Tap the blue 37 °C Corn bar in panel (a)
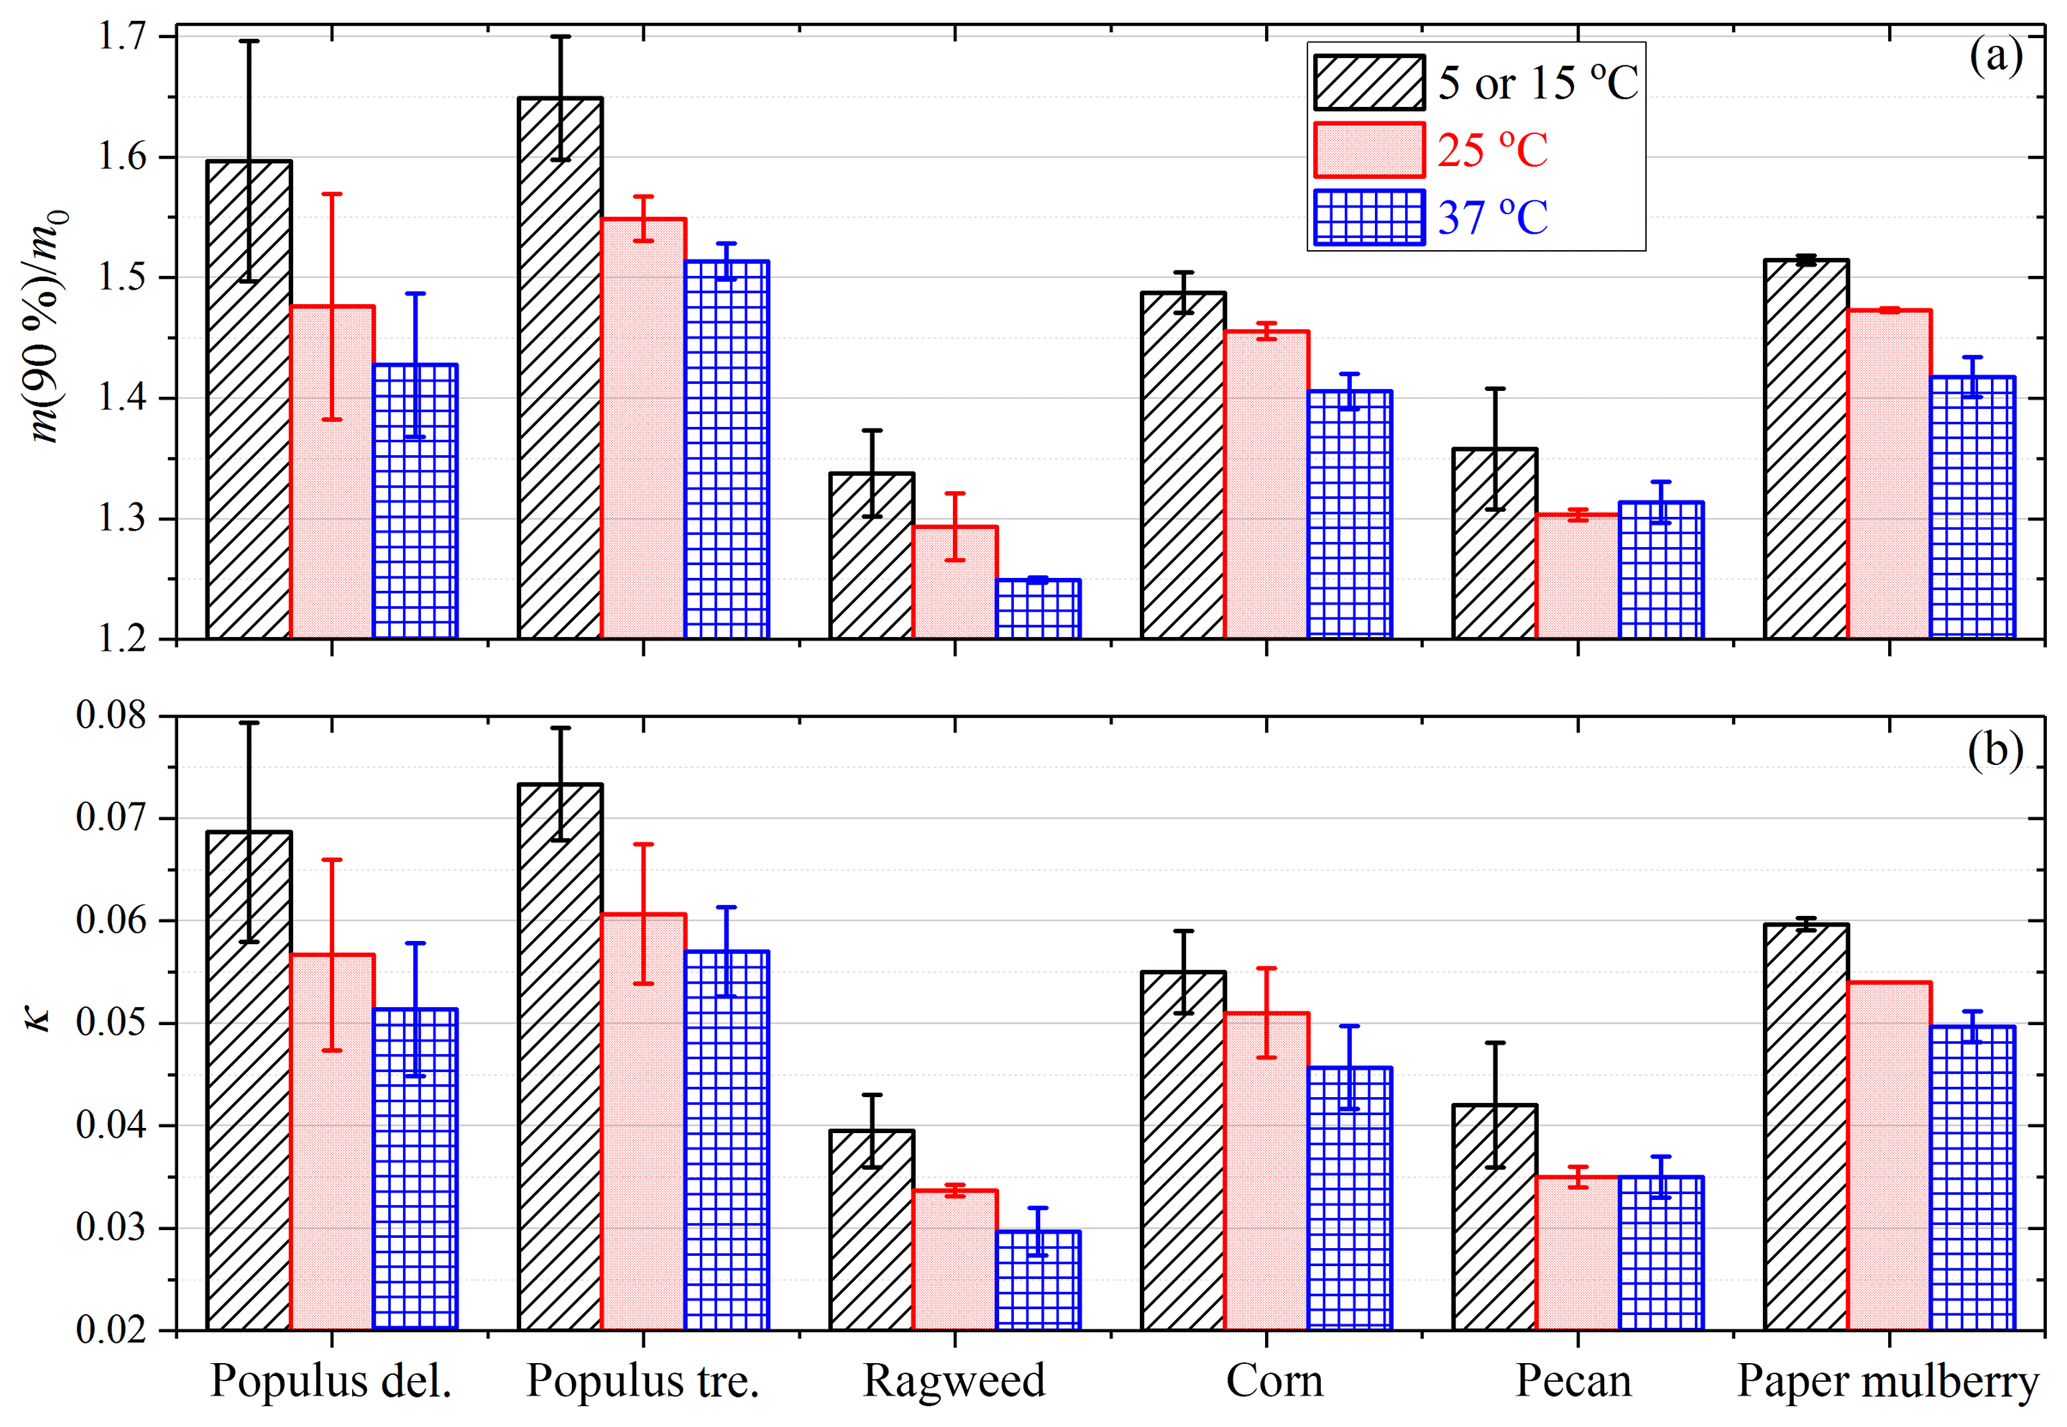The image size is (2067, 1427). [1350, 514]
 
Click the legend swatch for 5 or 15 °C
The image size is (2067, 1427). [1369, 82]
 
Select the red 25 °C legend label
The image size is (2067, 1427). [1493, 151]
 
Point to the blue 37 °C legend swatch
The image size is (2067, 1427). [1369, 217]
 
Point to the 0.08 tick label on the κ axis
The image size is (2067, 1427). [110, 716]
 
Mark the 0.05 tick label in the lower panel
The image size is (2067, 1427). [110, 1023]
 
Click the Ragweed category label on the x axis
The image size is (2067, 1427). [954, 1381]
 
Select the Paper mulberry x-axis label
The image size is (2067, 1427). [1887, 1381]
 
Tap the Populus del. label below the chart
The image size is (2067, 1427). [331, 1381]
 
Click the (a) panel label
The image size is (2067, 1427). [1996, 57]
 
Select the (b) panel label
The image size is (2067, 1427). [1996, 750]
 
